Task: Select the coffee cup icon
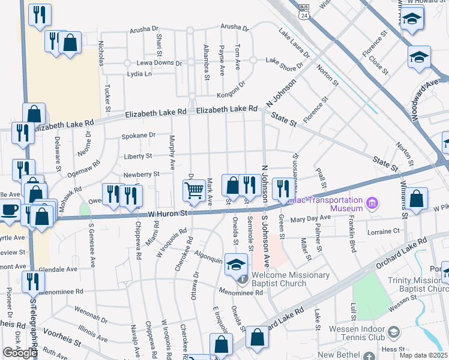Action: coord(9,209)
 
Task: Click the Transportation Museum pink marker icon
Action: coord(372,203)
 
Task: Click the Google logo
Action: coord(20,352)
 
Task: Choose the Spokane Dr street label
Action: coord(139,136)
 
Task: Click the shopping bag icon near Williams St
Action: coord(416,199)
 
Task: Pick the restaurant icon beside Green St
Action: coord(280,188)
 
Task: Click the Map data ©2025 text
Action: coord(424,355)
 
